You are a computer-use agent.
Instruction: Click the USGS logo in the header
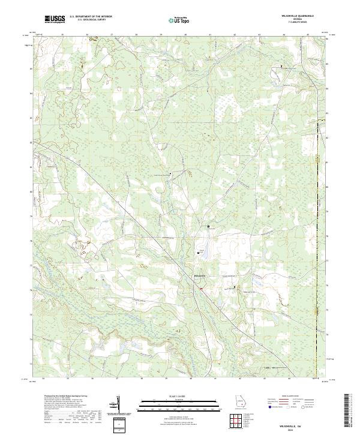point(55,19)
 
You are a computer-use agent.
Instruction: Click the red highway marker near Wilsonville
point(202,289)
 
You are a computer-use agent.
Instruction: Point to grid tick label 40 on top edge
point(185,35)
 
